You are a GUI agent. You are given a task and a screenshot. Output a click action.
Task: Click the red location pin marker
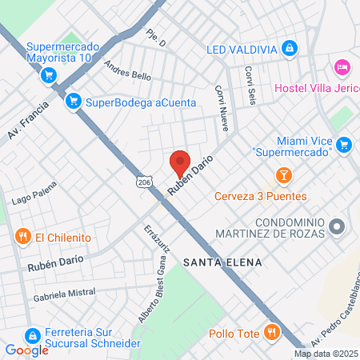pos(180,164)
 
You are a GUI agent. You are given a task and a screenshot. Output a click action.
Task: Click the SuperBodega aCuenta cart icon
pos(74,101)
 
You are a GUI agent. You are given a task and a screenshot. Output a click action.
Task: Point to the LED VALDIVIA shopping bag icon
pos(289,50)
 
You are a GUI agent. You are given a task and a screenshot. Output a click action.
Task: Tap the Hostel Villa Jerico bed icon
pos(342,66)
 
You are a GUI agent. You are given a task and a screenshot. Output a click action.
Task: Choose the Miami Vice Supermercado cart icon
pos(345,145)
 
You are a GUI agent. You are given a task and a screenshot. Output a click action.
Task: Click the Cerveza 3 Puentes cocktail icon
pos(282,175)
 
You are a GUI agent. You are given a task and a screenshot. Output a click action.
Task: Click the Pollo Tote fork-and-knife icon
pos(273,333)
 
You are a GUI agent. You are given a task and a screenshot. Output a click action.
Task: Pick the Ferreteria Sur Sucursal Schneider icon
pos(33,335)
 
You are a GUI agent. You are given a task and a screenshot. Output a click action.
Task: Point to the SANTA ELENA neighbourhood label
pos(212,262)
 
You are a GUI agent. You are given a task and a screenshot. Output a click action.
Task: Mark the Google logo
pos(27,350)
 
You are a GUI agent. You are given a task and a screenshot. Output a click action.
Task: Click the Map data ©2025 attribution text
pos(326,354)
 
